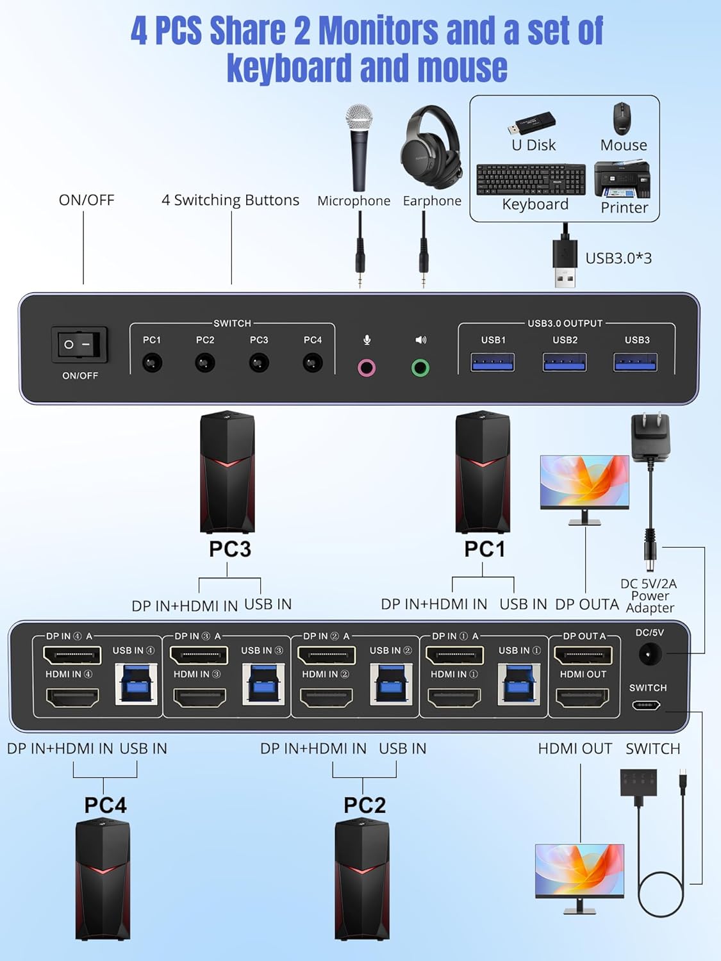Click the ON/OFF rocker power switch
click(79, 345)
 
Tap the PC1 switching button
click(152, 363)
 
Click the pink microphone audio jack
click(367, 368)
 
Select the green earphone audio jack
click(420, 368)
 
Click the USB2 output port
click(565, 363)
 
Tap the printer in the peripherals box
click(622, 179)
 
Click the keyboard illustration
click(531, 180)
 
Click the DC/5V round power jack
click(649, 655)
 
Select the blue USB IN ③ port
click(263, 683)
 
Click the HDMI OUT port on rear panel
click(583, 698)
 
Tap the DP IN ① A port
click(454, 655)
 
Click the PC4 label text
click(105, 805)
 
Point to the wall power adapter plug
click(651, 436)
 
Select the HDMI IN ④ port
click(72, 697)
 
